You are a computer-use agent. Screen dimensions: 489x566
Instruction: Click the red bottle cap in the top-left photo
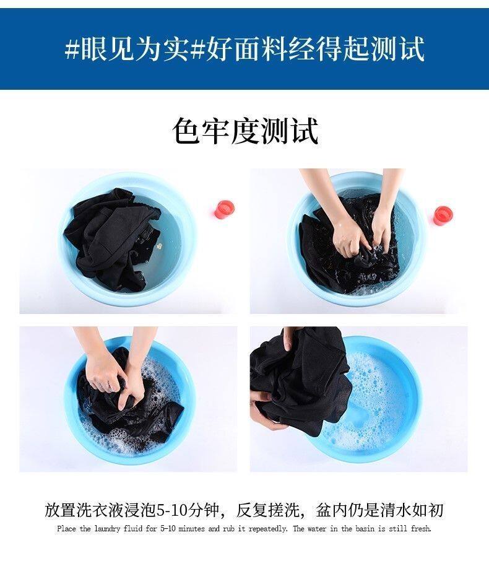point(225,209)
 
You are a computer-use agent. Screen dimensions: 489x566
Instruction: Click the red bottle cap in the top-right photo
point(443,216)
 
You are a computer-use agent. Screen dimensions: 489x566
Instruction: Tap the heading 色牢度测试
point(245,131)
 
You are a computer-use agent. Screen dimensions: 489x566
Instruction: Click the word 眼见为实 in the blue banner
point(134,49)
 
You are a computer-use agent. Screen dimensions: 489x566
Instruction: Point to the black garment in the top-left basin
point(108,238)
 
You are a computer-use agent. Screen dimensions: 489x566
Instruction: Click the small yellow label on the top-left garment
point(159,247)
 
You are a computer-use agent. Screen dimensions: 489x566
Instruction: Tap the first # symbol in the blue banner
point(72,49)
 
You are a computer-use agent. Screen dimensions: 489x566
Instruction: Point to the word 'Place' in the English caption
point(66,529)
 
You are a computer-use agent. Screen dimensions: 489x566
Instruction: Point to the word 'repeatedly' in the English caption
point(268,529)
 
